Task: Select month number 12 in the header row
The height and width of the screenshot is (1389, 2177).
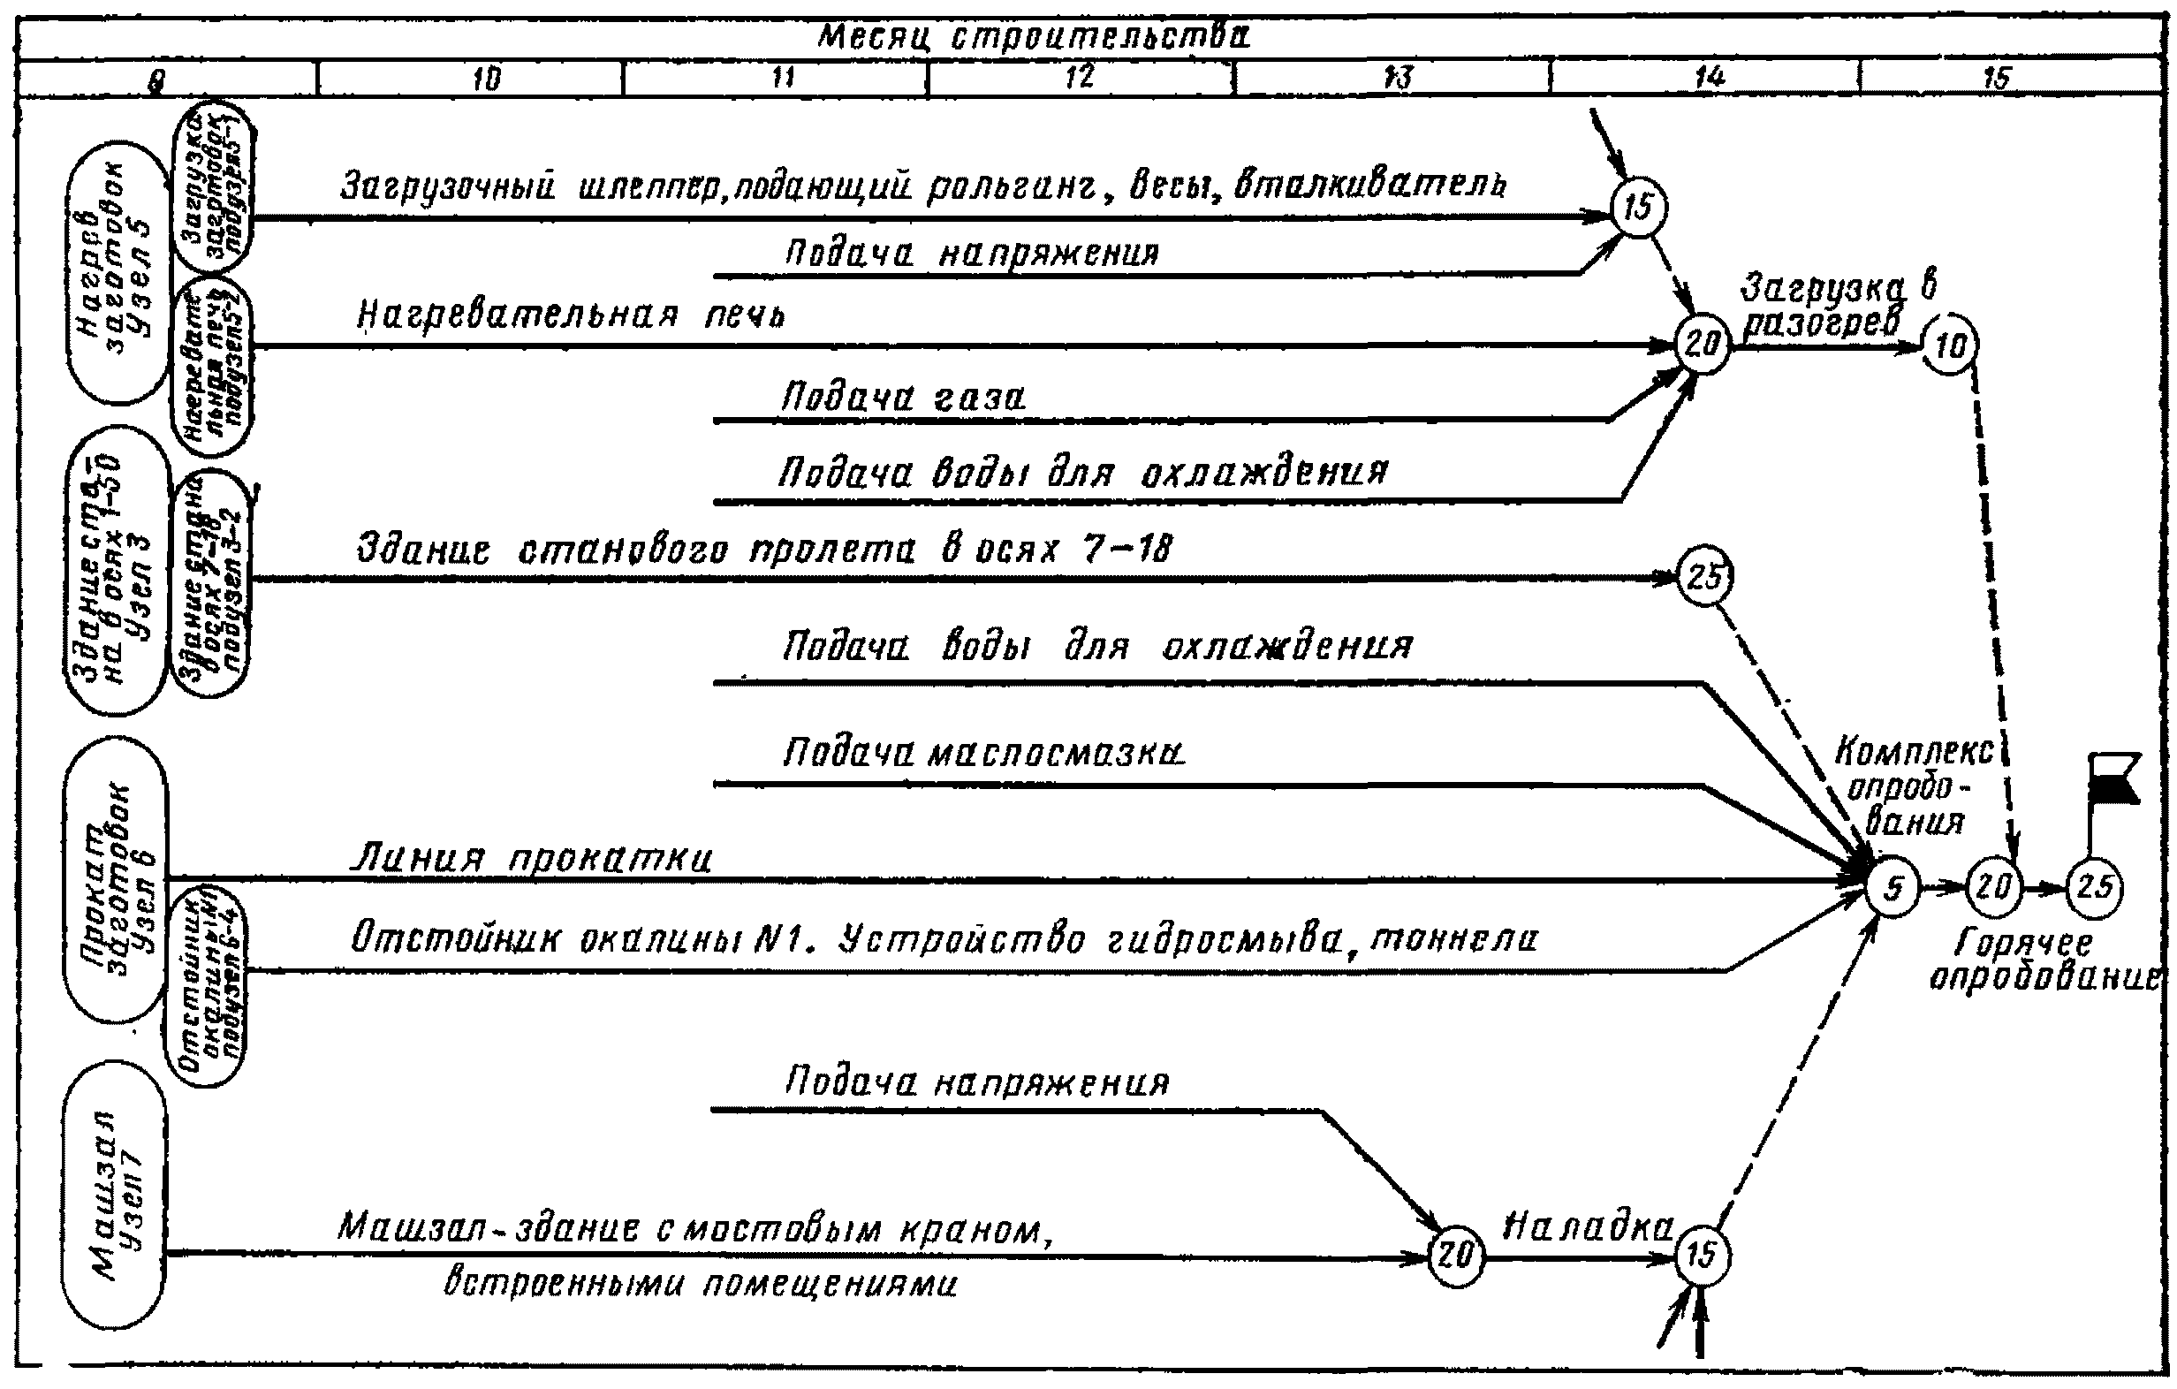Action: click(x=1080, y=78)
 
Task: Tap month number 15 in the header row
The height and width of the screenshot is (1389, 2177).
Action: click(x=1995, y=78)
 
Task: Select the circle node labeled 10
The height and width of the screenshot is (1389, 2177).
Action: click(x=1951, y=345)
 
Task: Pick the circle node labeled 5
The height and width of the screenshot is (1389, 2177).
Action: click(x=1893, y=888)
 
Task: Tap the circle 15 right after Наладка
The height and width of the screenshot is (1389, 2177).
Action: click(x=1702, y=1256)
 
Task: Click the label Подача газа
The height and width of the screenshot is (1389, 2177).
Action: click(x=903, y=398)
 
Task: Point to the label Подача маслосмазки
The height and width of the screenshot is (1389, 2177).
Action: click(x=983, y=754)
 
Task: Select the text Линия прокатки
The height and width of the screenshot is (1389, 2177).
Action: click(x=531, y=857)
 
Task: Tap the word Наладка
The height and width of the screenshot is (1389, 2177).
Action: click(x=1588, y=1227)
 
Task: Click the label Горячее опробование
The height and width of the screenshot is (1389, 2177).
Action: click(x=2044, y=961)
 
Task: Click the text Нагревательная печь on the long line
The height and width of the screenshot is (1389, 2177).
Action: click(x=571, y=315)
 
